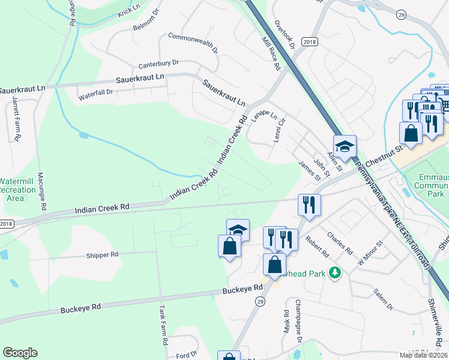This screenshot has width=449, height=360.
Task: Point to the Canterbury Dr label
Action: pyautogui.click(x=158, y=63)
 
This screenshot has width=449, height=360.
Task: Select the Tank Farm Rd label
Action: pyautogui.click(x=162, y=325)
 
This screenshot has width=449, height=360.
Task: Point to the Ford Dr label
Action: pyautogui.click(x=187, y=355)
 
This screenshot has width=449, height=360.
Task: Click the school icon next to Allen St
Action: pyautogui.click(x=345, y=146)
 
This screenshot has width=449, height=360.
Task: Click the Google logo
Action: pyautogui.click(x=20, y=353)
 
